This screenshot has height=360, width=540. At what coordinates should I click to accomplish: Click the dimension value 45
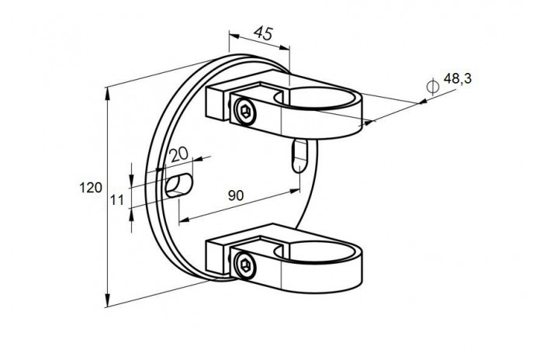pyautogui.click(x=264, y=33)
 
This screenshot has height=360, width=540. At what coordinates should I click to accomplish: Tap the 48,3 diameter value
pyautogui.click(x=457, y=78)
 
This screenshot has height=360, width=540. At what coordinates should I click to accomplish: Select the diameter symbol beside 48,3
pyautogui.click(x=433, y=86)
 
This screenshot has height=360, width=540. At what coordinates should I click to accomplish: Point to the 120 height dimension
pyautogui.click(x=91, y=188)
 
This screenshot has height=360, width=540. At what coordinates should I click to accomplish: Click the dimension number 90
pyautogui.click(x=236, y=196)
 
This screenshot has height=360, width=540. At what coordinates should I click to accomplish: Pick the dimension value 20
pyautogui.click(x=179, y=154)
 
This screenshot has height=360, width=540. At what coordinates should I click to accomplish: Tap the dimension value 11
pyautogui.click(x=116, y=200)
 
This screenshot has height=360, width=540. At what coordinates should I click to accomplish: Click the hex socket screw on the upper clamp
pyautogui.click(x=245, y=111)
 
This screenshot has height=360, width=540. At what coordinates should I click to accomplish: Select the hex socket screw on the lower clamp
pyautogui.click(x=245, y=265)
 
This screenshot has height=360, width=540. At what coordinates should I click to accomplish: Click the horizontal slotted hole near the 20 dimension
pyautogui.click(x=179, y=185)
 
